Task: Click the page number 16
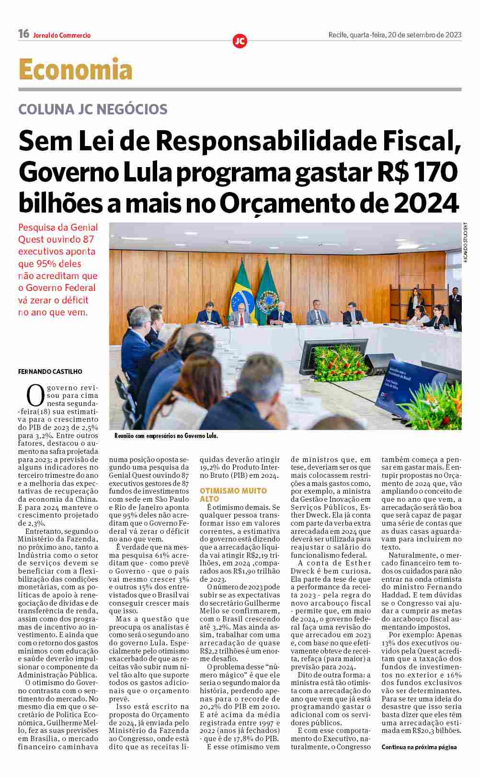tap(23, 34)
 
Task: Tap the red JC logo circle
tap(240, 41)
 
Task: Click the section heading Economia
tap(75, 70)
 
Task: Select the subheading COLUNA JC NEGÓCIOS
tap(93, 109)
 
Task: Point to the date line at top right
tap(395, 34)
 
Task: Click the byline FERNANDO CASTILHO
tap(50, 372)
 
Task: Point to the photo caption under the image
tap(166, 436)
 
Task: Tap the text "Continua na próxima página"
tap(419, 747)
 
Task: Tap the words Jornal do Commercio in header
tap(62, 35)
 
